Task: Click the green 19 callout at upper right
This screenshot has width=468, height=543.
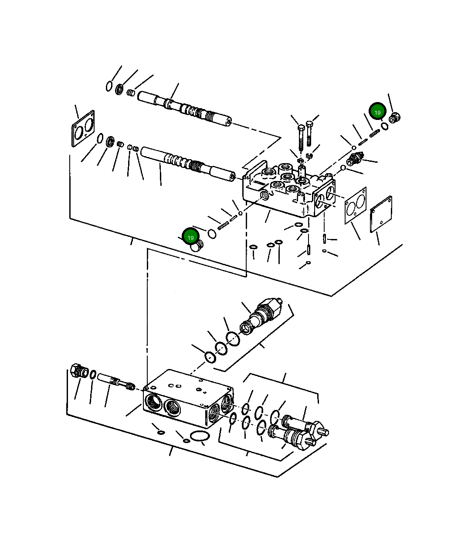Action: click(x=377, y=112)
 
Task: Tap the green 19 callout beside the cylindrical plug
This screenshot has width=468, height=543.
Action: click(x=190, y=237)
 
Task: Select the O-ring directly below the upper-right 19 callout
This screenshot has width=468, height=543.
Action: click(x=385, y=126)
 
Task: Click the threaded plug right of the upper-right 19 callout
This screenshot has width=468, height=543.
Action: click(x=395, y=117)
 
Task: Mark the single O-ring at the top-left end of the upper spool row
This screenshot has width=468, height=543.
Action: click(x=109, y=86)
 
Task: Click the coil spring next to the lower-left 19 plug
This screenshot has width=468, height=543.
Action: click(x=223, y=225)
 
